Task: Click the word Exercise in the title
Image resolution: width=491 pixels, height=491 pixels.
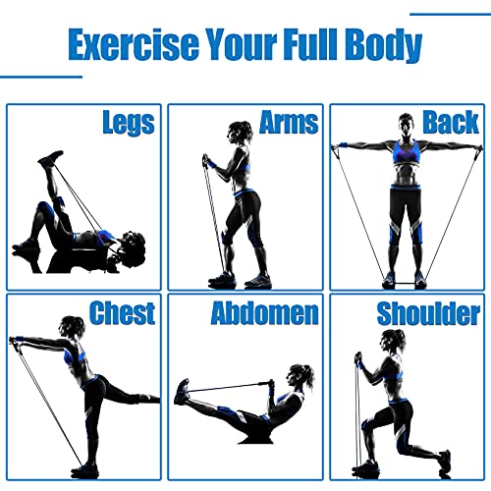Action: pos(134,44)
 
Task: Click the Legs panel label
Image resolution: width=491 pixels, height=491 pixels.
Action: pos(129,123)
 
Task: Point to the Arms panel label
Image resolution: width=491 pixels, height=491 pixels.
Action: pos(289,122)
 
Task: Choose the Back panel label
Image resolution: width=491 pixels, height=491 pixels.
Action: pos(451,122)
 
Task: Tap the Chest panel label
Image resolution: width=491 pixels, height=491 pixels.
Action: pos(122,313)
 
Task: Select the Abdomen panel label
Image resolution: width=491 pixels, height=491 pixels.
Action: pos(264,313)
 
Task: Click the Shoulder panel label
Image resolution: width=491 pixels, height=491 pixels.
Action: pos(428,314)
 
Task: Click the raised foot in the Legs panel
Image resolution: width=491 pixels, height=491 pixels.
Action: pos(51,157)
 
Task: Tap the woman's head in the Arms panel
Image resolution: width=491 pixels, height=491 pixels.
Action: pos(239,133)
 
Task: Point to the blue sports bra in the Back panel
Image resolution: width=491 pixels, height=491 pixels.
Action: pos(406,153)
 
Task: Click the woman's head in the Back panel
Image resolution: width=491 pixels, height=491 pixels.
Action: pos(406,125)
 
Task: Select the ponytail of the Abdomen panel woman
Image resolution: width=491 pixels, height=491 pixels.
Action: pos(308,376)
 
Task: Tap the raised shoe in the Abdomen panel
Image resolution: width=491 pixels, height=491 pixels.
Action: pos(182,392)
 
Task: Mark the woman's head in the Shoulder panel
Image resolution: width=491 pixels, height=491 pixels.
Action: pos(392,341)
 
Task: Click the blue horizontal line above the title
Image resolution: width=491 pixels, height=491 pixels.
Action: pos(451,14)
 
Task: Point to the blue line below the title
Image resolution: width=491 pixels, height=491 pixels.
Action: pos(41,77)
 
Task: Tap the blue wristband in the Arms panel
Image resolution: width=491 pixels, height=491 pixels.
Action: pos(212,165)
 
